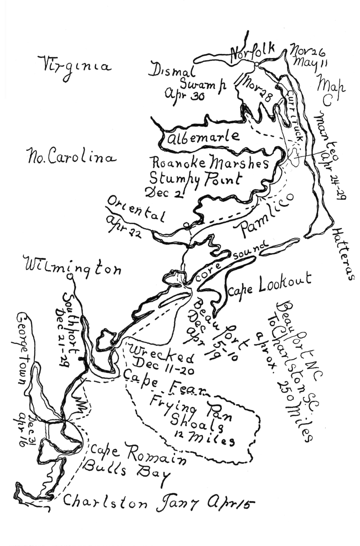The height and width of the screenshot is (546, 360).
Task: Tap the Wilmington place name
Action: coord(73,266)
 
